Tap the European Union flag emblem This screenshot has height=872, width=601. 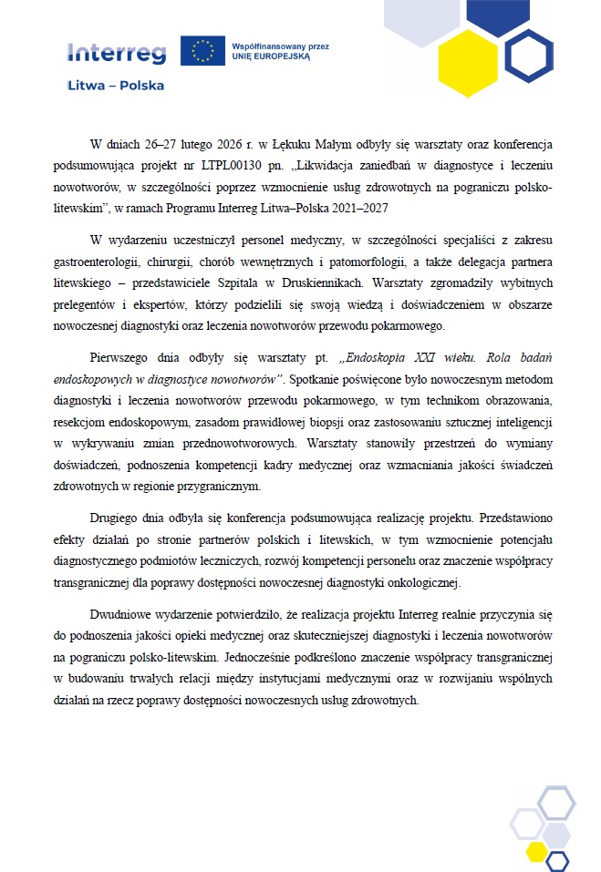tap(202, 51)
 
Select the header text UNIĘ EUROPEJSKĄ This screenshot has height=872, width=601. tap(272, 56)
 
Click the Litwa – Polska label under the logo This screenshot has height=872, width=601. tap(117, 86)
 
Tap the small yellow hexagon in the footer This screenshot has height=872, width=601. tap(537, 851)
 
